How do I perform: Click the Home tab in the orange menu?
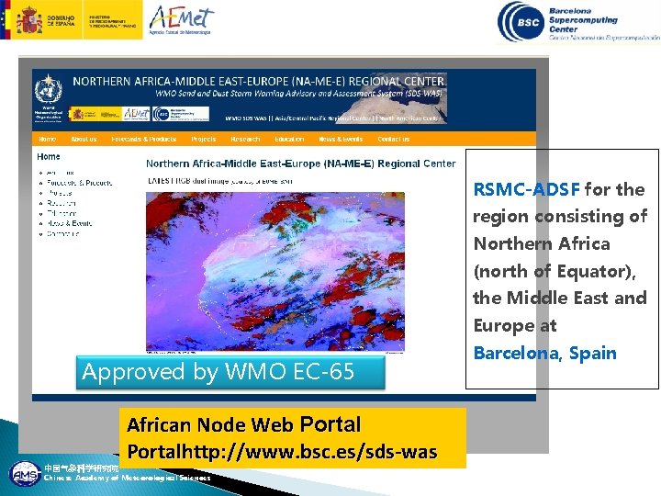[x=48, y=139]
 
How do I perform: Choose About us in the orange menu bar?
[x=84, y=139]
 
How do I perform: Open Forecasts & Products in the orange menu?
[x=144, y=139]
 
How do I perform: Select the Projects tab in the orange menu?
[x=204, y=139]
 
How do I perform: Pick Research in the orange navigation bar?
[x=245, y=139]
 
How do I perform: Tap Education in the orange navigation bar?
[x=288, y=139]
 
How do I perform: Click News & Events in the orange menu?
[x=341, y=139]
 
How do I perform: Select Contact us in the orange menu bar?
[x=394, y=139]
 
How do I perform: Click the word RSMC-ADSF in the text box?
[x=526, y=190]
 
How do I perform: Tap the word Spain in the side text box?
[x=591, y=353]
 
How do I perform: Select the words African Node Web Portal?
[x=243, y=425]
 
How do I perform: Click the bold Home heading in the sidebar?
[x=49, y=156]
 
